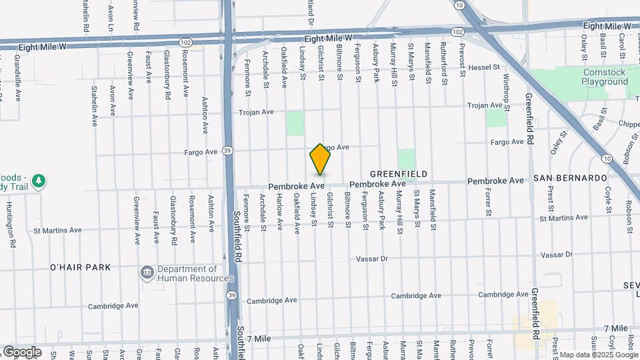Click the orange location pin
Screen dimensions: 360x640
[320, 159]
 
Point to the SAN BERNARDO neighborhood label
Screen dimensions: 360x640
[570, 179]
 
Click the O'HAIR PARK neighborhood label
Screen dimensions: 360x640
[80, 267]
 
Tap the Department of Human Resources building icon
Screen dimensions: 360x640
[146, 272]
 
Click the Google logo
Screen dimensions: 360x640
[22, 351]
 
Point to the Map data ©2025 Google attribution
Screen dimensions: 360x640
[598, 355]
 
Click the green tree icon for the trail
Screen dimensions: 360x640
[39, 181]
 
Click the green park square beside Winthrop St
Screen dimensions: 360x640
[495, 118]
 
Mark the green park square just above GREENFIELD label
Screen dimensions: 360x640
[407, 159]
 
